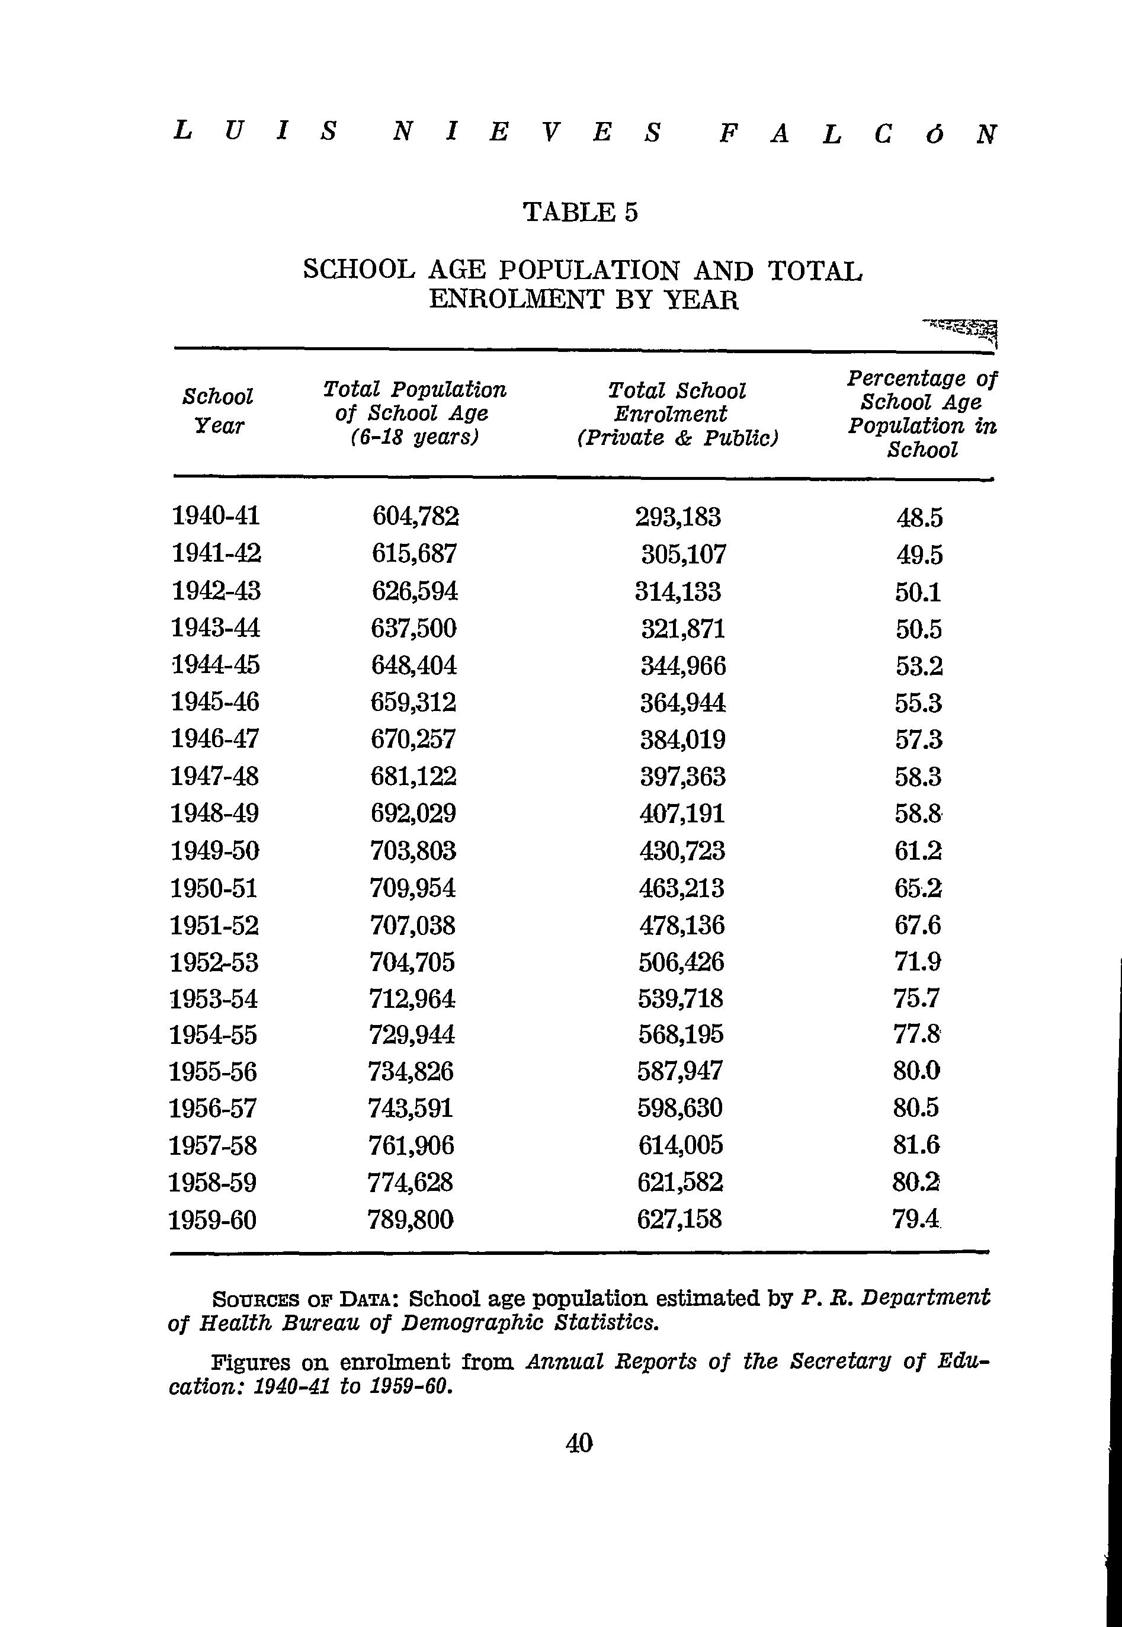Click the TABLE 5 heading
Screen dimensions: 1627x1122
(581, 212)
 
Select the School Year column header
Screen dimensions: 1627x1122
(218, 411)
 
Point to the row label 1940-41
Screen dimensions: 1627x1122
(216, 516)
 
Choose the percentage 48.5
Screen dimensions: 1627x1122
(919, 519)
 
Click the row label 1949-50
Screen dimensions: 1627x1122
(214, 851)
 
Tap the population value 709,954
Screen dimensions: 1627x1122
(413, 889)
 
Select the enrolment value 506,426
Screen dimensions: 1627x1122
(681, 962)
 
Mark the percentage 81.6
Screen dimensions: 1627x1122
(916, 1145)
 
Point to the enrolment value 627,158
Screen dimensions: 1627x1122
(679, 1219)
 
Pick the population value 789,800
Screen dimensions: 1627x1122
(411, 1219)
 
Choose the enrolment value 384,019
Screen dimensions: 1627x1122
(682, 739)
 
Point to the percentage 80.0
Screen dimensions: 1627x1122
(916, 1072)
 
